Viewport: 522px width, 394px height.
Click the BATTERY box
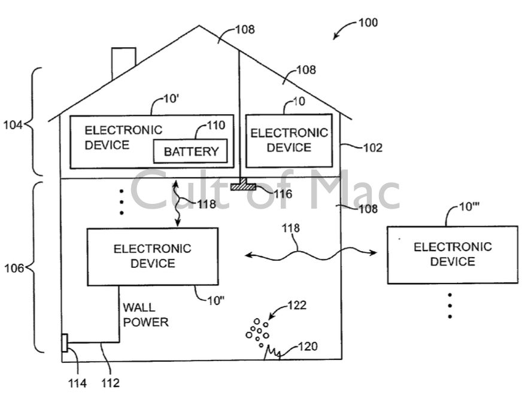tap(191, 151)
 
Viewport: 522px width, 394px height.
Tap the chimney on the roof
tap(123, 63)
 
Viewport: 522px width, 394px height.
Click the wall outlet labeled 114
tap(65, 344)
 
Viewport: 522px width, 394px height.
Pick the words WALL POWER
tap(145, 315)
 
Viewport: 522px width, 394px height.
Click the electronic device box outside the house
tap(452, 255)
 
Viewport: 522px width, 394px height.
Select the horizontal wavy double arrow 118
tap(311, 255)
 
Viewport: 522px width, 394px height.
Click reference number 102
tap(372, 148)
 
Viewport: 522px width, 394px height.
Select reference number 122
tap(296, 306)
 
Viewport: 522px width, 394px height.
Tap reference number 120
tap(308, 346)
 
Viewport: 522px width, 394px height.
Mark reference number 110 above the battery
tap(216, 125)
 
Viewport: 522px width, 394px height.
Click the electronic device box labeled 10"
tap(153, 256)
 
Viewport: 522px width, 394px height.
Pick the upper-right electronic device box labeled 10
tap(289, 141)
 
